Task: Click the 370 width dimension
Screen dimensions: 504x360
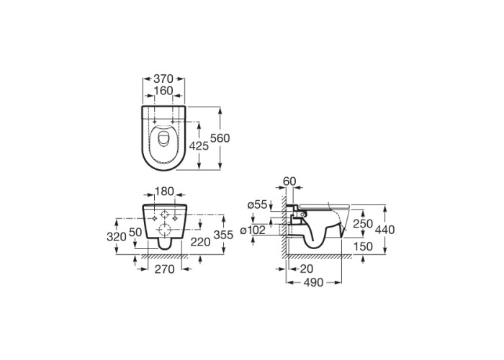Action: click(x=163, y=78)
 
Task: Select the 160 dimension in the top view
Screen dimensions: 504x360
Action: click(x=163, y=91)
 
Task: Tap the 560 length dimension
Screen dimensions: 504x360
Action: click(x=220, y=138)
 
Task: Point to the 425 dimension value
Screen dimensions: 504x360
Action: click(x=199, y=146)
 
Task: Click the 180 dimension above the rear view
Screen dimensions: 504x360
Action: click(x=164, y=191)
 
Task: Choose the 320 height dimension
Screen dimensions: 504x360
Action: click(x=117, y=237)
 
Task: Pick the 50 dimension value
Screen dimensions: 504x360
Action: click(x=135, y=232)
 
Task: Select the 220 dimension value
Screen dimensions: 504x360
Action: click(x=200, y=242)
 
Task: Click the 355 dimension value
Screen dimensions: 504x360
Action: click(x=223, y=235)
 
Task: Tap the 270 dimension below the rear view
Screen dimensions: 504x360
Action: click(x=165, y=269)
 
